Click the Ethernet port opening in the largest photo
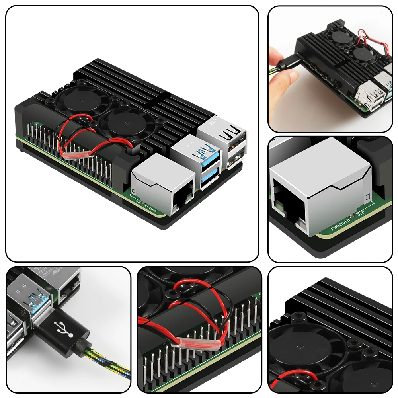[x=184, y=197]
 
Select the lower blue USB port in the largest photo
[x=209, y=178]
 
